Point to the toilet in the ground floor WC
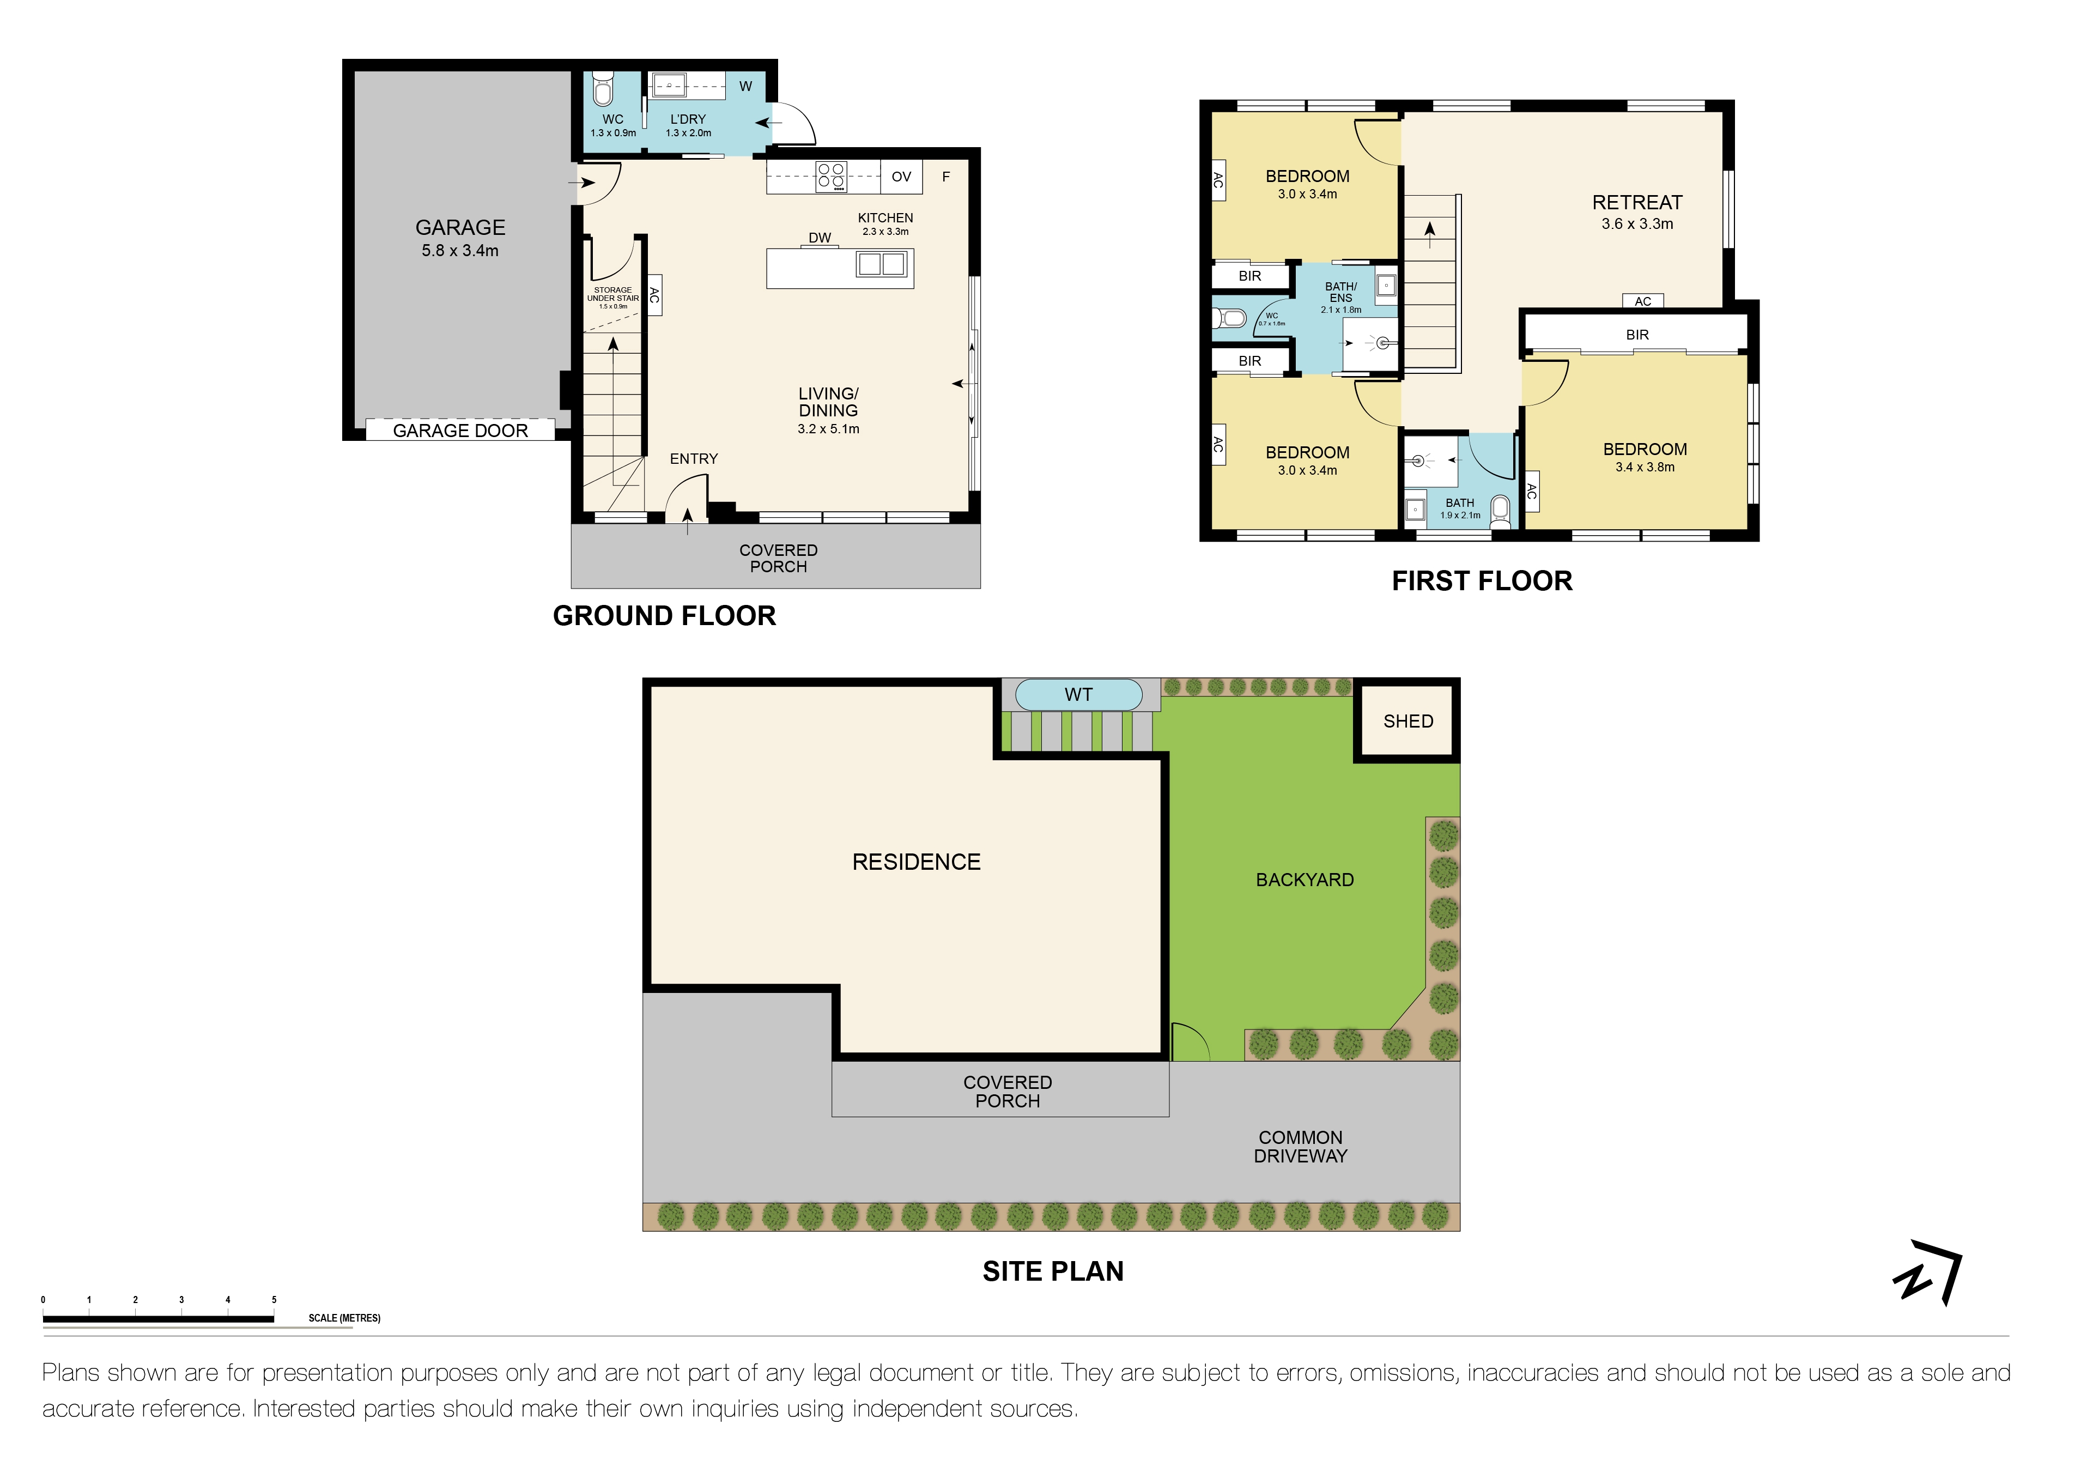point(603,90)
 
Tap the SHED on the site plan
point(1407,722)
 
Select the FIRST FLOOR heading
point(1482,581)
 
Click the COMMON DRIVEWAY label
point(1301,1147)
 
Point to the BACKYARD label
point(1305,880)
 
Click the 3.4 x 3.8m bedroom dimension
point(1645,468)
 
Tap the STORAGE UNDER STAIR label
point(612,295)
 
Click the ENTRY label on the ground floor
point(693,459)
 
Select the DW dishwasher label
point(820,238)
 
